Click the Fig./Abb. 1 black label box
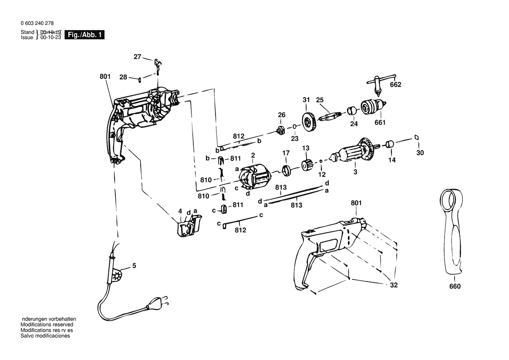click(x=84, y=35)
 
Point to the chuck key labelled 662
click(x=375, y=85)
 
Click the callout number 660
click(x=455, y=286)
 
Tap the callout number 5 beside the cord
click(x=134, y=265)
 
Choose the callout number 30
click(x=420, y=153)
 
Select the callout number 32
click(x=394, y=285)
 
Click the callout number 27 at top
click(x=138, y=57)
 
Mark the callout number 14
click(x=392, y=160)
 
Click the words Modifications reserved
click(x=47, y=325)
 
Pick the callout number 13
click(x=306, y=148)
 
